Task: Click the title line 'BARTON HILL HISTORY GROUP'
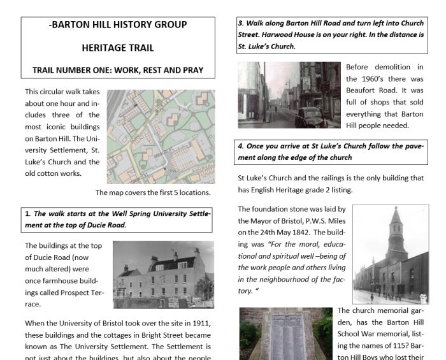(119, 25)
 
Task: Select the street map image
(161, 136)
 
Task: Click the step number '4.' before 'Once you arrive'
(241, 146)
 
